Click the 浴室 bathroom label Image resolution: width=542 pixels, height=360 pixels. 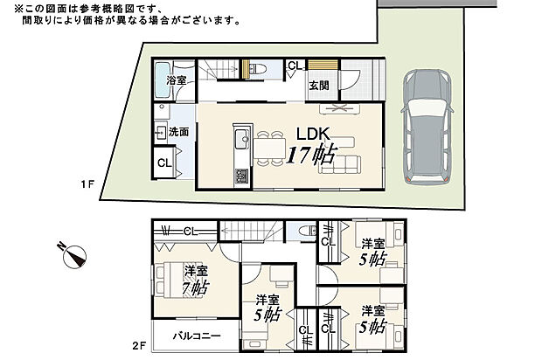point(176,80)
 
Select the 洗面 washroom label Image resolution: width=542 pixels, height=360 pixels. point(178,131)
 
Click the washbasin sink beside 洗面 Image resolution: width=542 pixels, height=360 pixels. point(161,132)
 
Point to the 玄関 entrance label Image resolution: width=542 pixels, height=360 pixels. point(318,85)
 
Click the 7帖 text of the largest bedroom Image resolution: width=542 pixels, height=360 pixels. point(196,286)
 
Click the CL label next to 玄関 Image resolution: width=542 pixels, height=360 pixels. point(294,66)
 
